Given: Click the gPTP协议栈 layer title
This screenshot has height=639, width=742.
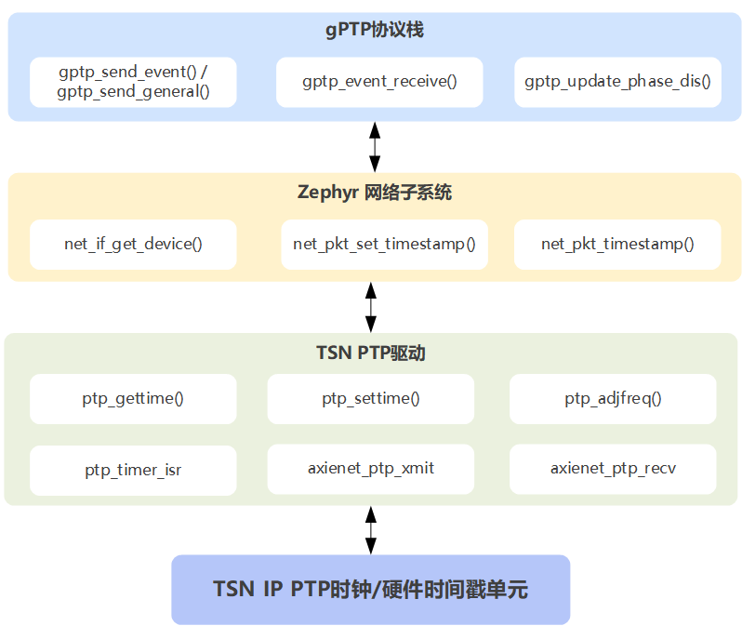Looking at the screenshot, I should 375,30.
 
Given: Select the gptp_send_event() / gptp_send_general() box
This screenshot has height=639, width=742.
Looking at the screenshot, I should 133,82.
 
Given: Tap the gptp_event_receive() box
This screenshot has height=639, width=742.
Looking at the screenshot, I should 379,82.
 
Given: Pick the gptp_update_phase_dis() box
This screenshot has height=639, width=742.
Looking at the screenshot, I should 617,82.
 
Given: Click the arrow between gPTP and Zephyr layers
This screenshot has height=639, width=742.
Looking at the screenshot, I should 375,146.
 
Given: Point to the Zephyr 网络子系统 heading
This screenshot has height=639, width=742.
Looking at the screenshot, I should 375,193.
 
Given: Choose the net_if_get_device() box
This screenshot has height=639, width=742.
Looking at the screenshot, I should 133,245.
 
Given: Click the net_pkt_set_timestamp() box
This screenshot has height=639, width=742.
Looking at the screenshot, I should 384,245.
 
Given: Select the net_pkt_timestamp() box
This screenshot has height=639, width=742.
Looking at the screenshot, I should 617,245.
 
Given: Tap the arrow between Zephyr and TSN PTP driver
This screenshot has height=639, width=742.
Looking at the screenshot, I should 371,306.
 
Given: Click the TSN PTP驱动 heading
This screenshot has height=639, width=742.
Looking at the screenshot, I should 371,353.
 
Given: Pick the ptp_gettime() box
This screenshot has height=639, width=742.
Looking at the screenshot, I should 133,399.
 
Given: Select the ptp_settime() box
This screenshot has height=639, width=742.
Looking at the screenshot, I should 371,399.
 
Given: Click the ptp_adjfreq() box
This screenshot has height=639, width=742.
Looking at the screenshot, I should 613,399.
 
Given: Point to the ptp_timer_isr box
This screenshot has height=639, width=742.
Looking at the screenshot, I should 133,470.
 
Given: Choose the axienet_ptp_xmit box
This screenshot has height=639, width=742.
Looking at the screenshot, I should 371,469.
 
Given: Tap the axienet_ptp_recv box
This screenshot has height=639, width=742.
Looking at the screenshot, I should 613,469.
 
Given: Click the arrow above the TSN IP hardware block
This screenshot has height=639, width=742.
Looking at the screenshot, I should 371,530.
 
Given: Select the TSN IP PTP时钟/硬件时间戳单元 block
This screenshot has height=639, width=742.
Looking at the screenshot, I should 370,590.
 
